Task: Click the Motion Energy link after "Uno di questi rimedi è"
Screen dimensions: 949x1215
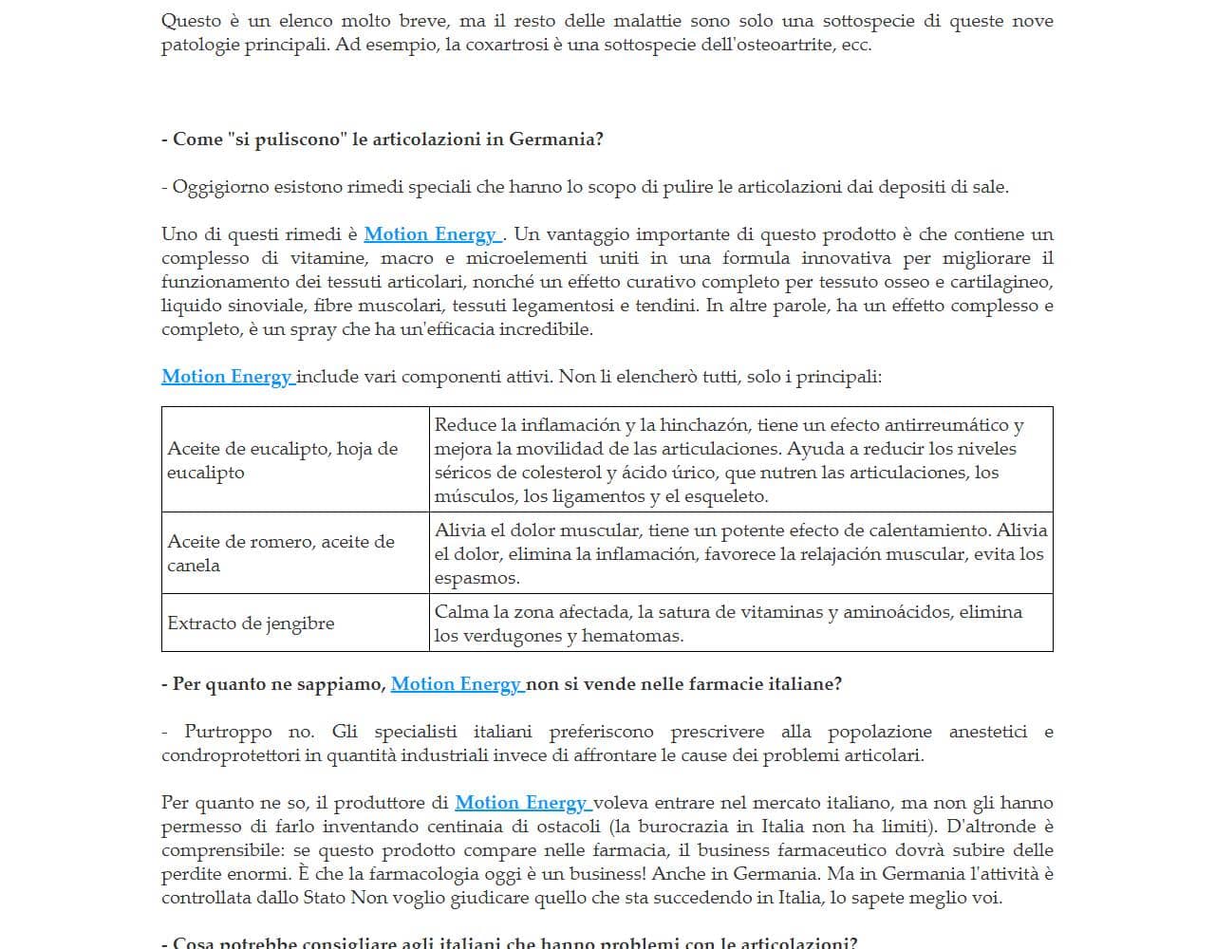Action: click(431, 234)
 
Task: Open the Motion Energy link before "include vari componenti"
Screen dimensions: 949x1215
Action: click(227, 377)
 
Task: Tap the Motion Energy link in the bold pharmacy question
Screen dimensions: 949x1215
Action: click(456, 684)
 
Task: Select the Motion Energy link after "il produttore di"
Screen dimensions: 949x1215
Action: click(521, 803)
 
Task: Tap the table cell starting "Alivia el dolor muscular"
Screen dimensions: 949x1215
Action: click(740, 553)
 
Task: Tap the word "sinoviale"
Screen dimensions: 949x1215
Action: click(268, 306)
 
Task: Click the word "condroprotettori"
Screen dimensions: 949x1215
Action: click(231, 755)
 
